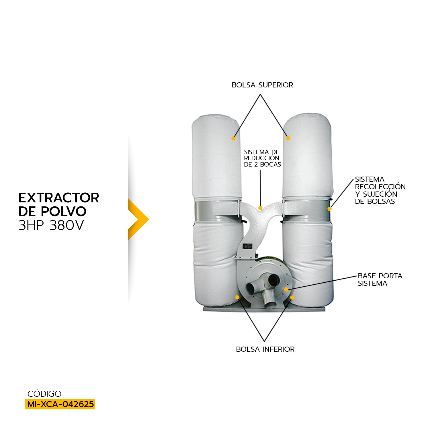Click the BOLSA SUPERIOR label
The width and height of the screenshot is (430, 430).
(x=262, y=85)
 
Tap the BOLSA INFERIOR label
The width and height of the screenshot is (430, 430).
(x=265, y=349)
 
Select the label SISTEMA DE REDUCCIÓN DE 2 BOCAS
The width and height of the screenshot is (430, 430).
(x=262, y=158)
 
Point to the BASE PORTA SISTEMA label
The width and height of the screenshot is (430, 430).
(x=380, y=279)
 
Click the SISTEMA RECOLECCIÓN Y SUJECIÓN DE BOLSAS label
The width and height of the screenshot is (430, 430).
(x=380, y=190)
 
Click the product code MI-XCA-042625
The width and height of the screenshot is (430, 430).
(x=60, y=404)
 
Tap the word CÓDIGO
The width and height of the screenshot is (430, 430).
(x=44, y=394)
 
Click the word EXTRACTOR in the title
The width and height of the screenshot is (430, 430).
(x=59, y=198)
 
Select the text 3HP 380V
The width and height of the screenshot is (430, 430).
(x=51, y=226)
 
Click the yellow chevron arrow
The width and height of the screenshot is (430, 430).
(x=138, y=219)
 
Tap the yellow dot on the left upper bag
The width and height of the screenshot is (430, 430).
(x=233, y=138)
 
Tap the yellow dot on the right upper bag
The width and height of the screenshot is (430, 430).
(x=288, y=138)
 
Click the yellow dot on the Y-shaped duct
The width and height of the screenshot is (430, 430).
(x=260, y=208)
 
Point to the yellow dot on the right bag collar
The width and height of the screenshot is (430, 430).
(x=329, y=209)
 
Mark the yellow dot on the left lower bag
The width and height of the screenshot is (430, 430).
(x=237, y=297)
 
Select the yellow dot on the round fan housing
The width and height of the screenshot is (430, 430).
(x=286, y=290)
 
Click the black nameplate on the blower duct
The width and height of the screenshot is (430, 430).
(x=247, y=246)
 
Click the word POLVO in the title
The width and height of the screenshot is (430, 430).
(x=63, y=212)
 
